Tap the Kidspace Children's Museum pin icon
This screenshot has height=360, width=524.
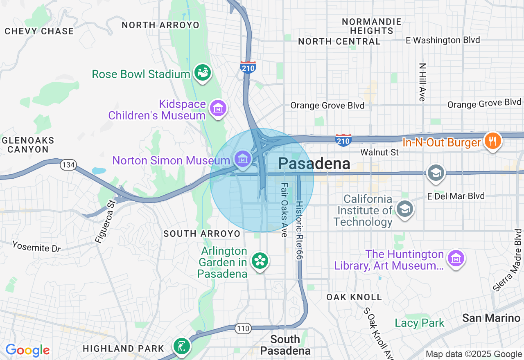coord(218,109)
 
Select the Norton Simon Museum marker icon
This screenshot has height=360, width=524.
coord(243,158)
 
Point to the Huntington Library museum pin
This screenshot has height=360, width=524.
coord(455,259)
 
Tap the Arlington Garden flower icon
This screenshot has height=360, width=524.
coord(260,261)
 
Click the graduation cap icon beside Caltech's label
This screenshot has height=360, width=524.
coord(405,209)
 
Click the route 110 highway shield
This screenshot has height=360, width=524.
coord(242,328)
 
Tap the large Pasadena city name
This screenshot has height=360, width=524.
coord(314,164)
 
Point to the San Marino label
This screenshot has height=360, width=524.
coord(491,318)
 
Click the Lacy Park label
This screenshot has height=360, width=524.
coord(419,323)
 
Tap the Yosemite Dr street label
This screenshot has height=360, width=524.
coord(36,247)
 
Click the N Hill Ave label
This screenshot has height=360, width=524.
coord(422,82)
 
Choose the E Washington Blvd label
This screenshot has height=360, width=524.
coord(443,40)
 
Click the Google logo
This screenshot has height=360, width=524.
coord(27,350)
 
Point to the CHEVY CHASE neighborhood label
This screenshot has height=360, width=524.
coord(39,31)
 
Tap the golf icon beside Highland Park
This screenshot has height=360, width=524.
coord(181,346)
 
